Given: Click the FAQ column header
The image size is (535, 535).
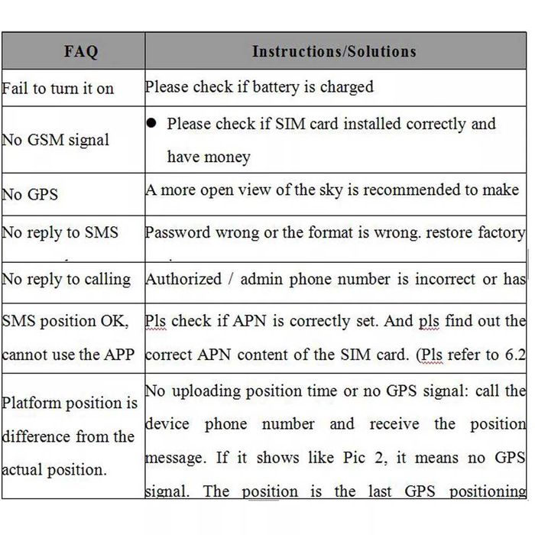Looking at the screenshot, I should click(x=81, y=52).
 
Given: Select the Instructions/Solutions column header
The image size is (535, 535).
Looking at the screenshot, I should click(x=334, y=52).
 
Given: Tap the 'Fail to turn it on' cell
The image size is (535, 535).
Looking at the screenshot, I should click(x=58, y=89).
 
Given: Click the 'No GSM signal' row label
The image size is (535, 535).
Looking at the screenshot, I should click(x=56, y=140).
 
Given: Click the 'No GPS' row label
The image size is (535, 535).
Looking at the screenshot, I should click(x=31, y=194).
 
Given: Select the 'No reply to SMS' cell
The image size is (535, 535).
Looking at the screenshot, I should click(x=60, y=232).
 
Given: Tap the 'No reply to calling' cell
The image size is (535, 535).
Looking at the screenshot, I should click(x=66, y=280).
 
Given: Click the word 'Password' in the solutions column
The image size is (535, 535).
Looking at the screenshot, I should click(x=178, y=232).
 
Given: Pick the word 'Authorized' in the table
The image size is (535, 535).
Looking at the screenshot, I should click(x=183, y=280).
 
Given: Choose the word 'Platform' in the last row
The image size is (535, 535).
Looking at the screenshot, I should click(x=38, y=403).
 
